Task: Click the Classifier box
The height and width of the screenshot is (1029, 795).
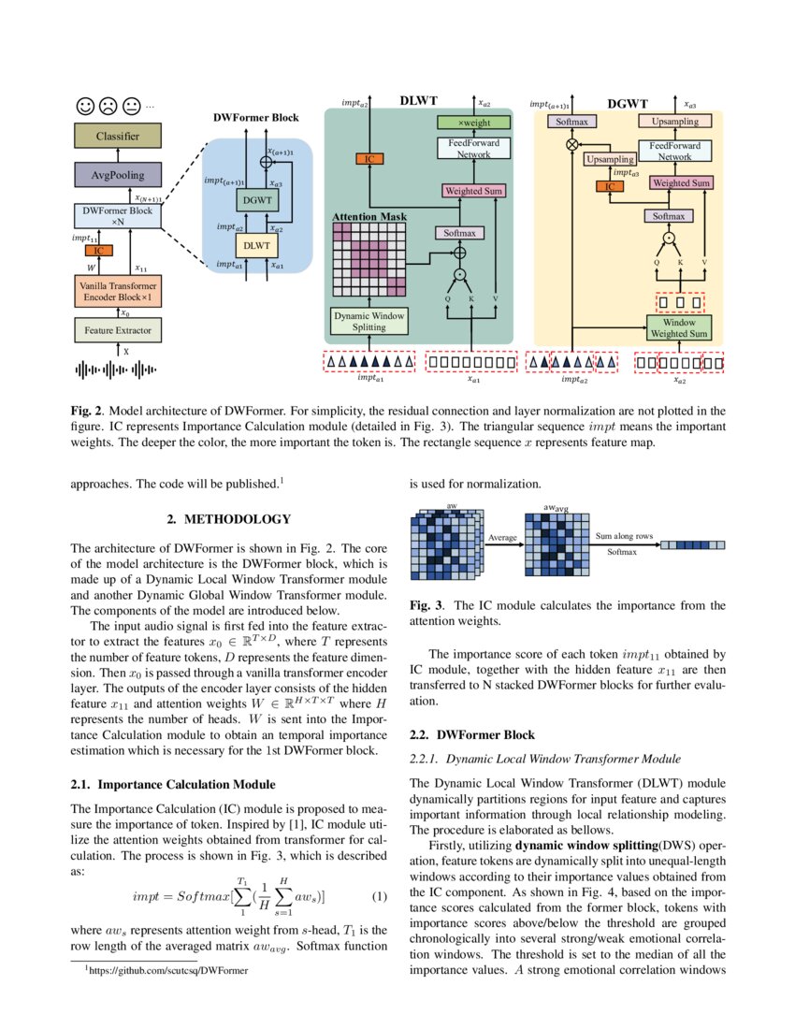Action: pyautogui.click(x=118, y=137)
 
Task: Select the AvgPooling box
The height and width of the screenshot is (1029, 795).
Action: pyautogui.click(x=118, y=174)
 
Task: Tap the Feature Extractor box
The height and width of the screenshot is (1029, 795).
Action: pyautogui.click(x=118, y=330)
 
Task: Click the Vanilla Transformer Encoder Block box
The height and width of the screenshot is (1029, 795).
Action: pyautogui.click(x=118, y=290)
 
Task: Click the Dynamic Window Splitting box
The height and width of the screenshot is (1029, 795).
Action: pyautogui.click(x=369, y=322)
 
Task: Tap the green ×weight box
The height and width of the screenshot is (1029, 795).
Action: pyautogui.click(x=473, y=123)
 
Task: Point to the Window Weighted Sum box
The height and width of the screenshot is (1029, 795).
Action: pyautogui.click(x=680, y=327)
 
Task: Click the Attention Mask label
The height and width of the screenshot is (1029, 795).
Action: pyautogui.click(x=370, y=217)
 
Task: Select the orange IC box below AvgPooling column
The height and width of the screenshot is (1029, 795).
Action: pyautogui.click(x=98, y=250)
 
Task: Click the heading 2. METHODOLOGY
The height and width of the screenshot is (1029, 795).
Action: pyautogui.click(x=228, y=519)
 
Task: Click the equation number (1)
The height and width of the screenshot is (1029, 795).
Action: pyautogui.click(x=379, y=897)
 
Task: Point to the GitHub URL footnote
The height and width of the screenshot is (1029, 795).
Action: pyautogui.click(x=167, y=971)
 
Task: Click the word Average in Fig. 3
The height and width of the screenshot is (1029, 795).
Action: pyautogui.click(x=503, y=537)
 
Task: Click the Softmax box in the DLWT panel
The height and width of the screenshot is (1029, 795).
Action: pyautogui.click(x=457, y=233)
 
